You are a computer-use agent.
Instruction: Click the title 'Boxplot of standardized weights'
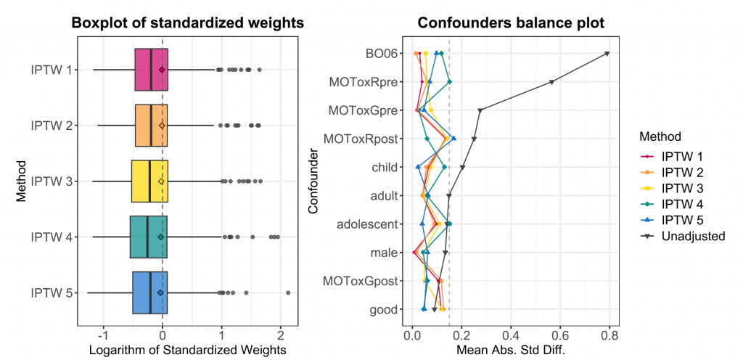(x=187, y=23)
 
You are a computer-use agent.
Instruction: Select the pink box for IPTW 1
(x=152, y=70)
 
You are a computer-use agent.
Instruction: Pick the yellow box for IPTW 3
(x=149, y=181)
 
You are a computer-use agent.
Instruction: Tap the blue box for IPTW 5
(x=149, y=292)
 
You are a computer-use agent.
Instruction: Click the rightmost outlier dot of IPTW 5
(x=288, y=292)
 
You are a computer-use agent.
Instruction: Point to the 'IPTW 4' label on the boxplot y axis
(x=51, y=237)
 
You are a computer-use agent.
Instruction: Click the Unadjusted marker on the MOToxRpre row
(x=552, y=82)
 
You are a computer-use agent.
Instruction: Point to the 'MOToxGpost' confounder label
(x=361, y=281)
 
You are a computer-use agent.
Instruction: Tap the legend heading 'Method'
(x=660, y=136)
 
